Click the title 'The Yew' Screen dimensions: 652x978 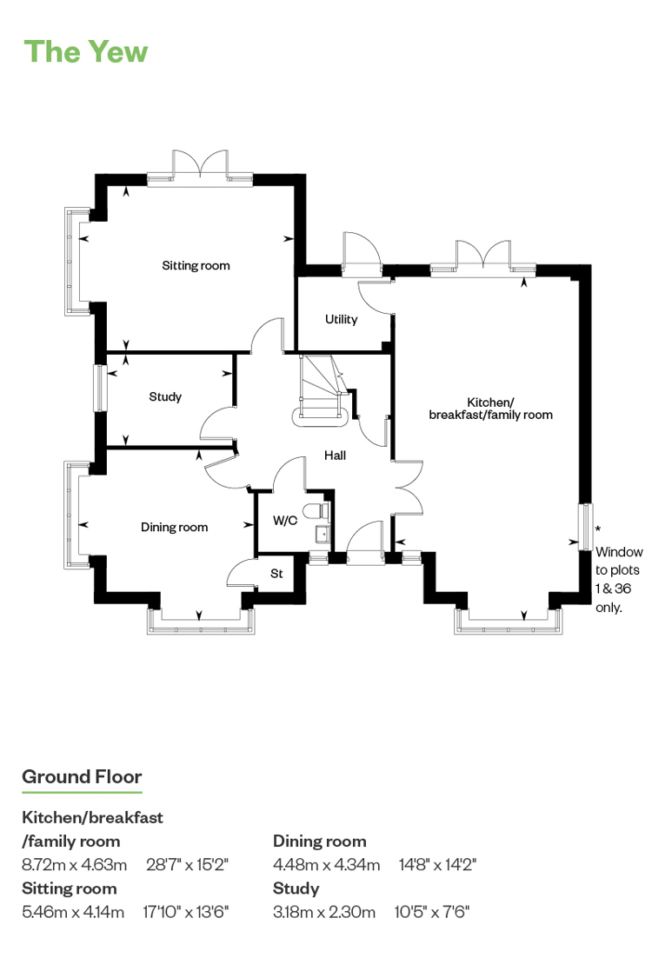85,52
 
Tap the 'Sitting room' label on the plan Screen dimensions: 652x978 196,266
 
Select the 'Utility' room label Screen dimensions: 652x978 342,319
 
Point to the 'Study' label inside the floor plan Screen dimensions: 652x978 165,396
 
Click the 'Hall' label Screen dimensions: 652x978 335,456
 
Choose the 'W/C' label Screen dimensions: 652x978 285,520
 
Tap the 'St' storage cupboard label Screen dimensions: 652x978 276,573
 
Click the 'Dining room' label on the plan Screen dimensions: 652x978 174,527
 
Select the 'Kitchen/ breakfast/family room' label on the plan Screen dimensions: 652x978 491,409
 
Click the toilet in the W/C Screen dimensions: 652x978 317,510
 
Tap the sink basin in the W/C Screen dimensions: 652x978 322,535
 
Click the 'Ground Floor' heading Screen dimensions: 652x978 82,776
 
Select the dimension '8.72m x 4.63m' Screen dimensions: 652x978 74,864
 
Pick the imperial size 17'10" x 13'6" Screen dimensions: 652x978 186,912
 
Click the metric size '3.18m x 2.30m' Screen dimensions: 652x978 324,912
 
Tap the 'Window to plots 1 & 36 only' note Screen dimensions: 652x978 618,580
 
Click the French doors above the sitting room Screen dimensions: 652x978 200,168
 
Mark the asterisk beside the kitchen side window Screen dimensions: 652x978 598,529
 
